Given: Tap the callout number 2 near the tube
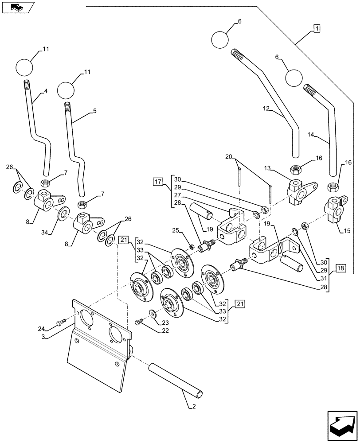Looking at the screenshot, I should [x=189, y=406].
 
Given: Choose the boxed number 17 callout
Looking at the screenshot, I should [x=158, y=181].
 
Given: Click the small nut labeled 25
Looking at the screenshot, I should [x=192, y=246].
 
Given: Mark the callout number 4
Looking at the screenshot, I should [x=45, y=93].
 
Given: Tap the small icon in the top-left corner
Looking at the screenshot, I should [x=16, y=8].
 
